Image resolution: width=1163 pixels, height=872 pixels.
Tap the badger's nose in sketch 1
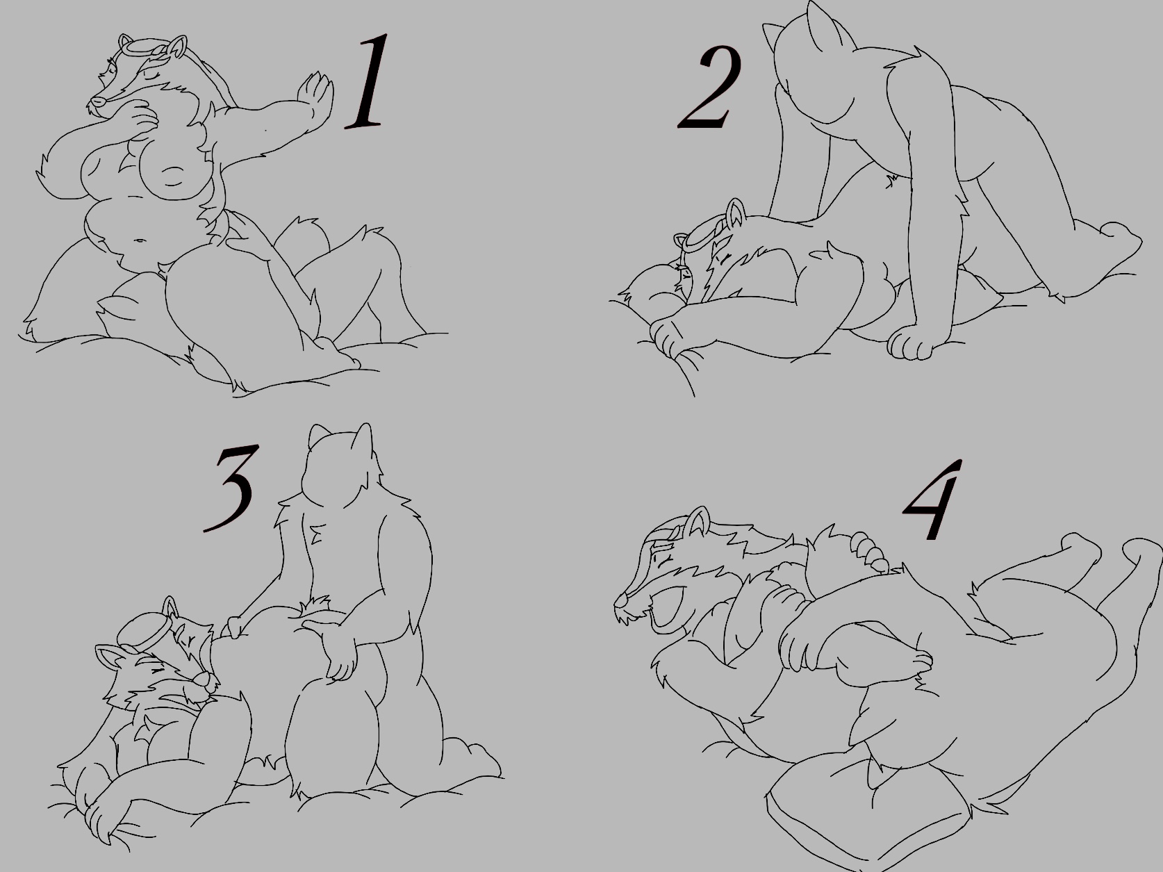point(95,101)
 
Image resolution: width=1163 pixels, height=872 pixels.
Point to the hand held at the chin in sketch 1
point(140,120)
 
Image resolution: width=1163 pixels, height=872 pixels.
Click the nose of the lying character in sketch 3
point(201,678)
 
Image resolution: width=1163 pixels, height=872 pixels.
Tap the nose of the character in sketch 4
point(619,601)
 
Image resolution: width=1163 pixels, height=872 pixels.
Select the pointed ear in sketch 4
point(698,521)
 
